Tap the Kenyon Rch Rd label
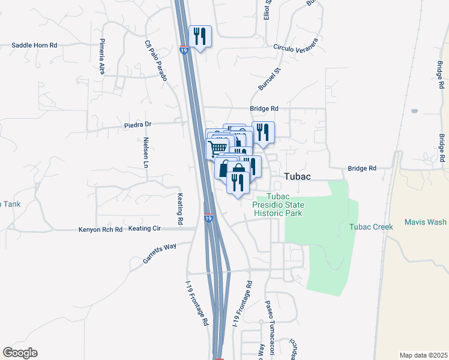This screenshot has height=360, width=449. (x=100, y=229)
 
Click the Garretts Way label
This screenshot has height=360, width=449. (x=160, y=252)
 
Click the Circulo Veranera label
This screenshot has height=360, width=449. (x=295, y=47)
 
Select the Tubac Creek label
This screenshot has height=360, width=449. (x=371, y=227)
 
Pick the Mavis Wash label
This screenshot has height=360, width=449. (x=425, y=222)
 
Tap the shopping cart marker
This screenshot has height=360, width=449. (x=217, y=148)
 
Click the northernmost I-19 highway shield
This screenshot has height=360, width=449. (x=184, y=50)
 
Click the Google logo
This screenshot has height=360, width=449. (x=20, y=353)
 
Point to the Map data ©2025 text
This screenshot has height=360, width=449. (x=423, y=355)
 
